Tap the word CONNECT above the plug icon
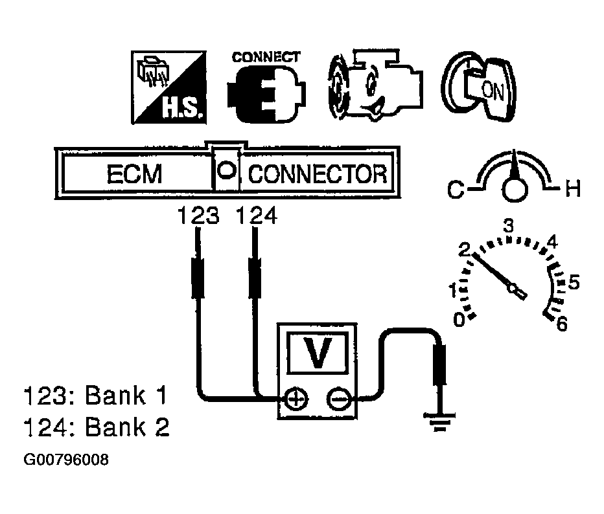(266, 56)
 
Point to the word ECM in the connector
(134, 175)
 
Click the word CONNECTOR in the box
(318, 175)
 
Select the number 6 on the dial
(561, 324)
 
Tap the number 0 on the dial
(459, 320)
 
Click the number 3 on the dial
(509, 226)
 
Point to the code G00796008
(66, 460)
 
